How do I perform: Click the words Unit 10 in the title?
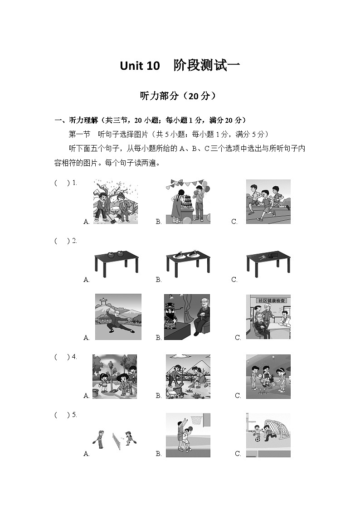coord(140,66)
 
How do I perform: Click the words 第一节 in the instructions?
coord(79,134)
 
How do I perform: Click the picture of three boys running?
coord(268,201)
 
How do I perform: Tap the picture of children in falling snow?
coord(115,201)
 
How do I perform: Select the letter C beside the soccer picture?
coord(238,454)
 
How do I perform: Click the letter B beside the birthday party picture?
coord(159,222)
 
